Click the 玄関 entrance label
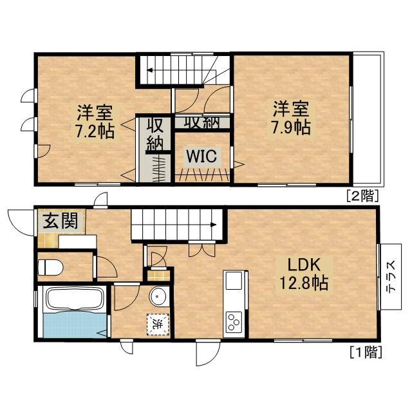point(62,222)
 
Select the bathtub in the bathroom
point(73,300)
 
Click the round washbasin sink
point(158,296)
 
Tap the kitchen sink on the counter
point(233,281)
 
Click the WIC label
point(201,155)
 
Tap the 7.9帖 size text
point(290,126)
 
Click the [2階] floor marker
point(362,195)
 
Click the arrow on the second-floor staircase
point(149,71)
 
